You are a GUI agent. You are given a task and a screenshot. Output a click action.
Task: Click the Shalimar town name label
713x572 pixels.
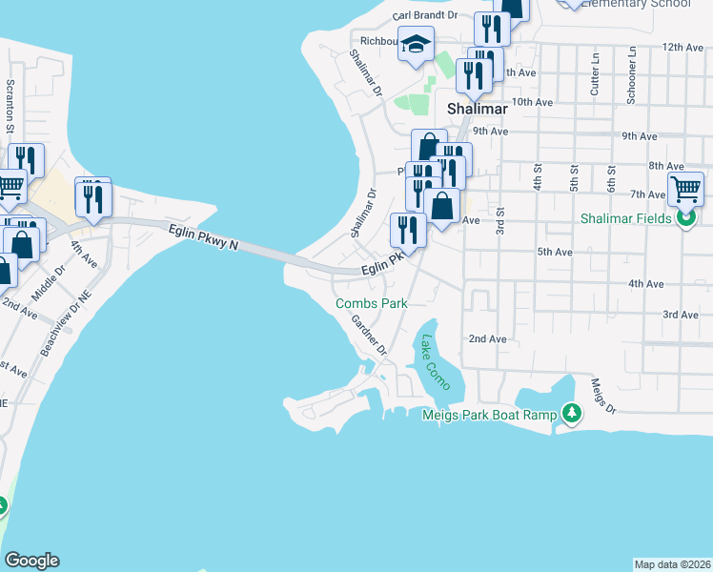point(478,109)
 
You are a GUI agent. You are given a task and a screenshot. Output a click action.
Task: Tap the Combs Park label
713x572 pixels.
point(372,303)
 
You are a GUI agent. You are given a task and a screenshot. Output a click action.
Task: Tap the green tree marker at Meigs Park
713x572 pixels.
point(571,413)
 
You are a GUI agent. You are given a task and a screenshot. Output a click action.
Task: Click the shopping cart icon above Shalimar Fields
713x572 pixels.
point(685,189)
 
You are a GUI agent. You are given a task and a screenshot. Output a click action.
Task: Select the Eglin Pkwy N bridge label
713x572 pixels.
point(203,237)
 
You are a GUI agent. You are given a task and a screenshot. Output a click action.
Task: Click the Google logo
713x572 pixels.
point(31,561)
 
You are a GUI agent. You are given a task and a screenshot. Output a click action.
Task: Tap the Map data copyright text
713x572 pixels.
point(672,564)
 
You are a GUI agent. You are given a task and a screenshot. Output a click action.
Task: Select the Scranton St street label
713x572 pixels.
point(10,106)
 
